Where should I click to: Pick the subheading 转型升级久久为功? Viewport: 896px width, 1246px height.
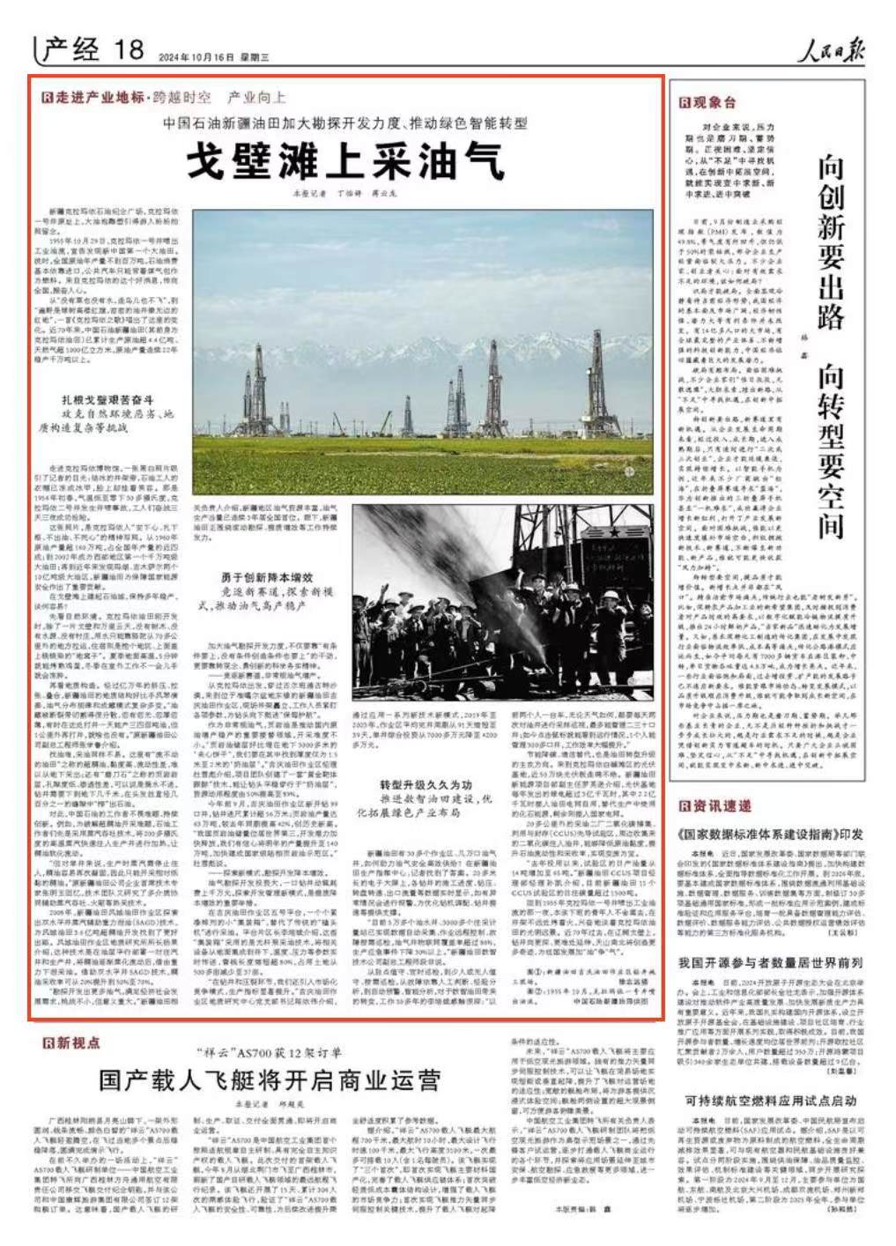(x=428, y=759)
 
